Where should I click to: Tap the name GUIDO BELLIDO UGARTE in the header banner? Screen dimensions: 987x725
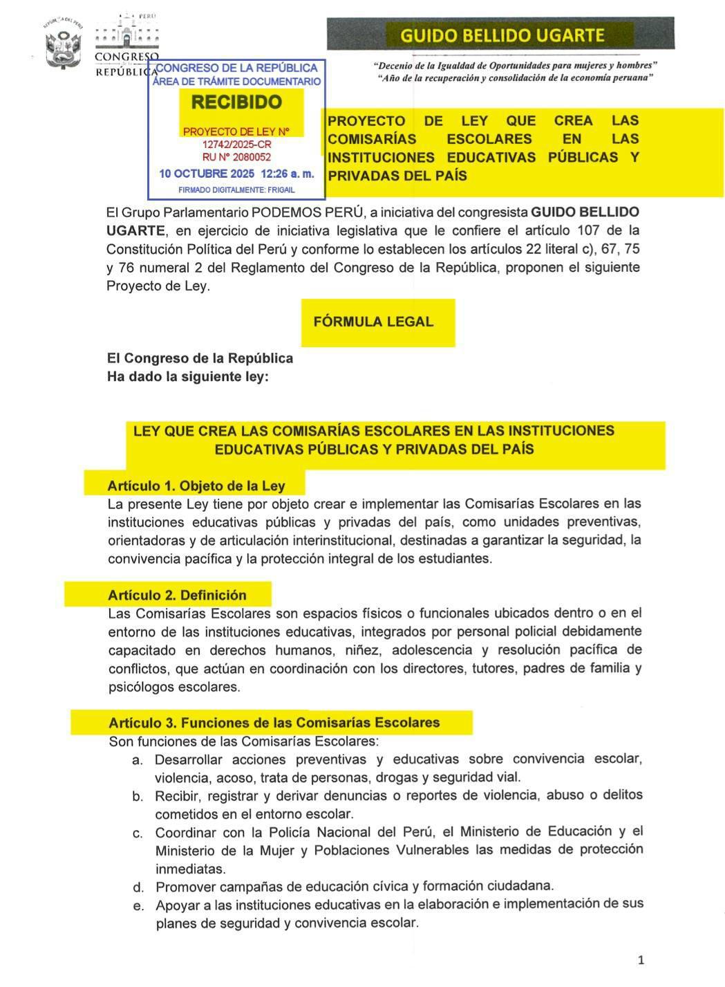click(502, 35)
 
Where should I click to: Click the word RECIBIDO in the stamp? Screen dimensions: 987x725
click(236, 102)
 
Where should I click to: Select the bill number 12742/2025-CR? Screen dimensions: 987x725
click(236, 145)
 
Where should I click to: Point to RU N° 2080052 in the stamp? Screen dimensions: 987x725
click(236, 158)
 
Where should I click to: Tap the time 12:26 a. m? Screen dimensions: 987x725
click(287, 174)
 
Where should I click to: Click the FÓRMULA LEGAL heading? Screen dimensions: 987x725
click(373, 322)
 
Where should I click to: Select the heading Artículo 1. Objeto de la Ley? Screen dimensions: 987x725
click(196, 486)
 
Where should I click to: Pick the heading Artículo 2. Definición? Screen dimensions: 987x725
click(177, 595)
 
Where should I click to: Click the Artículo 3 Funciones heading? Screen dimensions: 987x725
click(274, 723)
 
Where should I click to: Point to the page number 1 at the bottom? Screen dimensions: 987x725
click(641, 959)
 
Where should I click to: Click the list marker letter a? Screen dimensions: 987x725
click(138, 760)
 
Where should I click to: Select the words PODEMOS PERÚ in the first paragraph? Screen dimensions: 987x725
click(307, 212)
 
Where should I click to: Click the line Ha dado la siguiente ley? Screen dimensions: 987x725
click(187, 377)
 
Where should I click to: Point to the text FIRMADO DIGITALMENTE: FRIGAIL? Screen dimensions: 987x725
click(236, 190)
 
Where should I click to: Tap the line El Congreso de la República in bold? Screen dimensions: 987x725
click(200, 358)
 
